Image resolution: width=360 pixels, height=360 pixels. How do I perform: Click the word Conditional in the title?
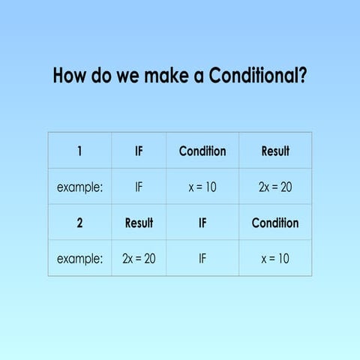coord(251,76)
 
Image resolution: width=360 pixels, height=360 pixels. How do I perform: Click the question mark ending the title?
coord(301,76)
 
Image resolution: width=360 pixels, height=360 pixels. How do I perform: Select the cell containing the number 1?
coord(79,151)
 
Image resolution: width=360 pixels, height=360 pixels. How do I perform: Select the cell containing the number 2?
coord(79,223)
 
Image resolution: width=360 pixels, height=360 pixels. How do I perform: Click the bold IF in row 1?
coord(139,151)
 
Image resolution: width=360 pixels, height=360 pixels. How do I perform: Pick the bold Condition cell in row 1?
coord(202,151)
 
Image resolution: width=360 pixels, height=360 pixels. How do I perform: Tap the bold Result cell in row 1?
coord(275,151)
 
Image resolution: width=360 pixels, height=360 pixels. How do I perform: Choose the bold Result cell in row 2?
coord(139,223)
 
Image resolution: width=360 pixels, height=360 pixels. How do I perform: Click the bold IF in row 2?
coord(202,223)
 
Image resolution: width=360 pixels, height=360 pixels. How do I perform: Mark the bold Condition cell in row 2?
coord(275,223)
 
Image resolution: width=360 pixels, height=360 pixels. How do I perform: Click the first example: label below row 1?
coord(79,187)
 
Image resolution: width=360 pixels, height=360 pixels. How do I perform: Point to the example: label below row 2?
coord(79,259)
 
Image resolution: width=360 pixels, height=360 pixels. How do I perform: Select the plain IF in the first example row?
coord(139,187)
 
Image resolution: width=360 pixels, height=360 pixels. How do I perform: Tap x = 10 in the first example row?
coord(202,187)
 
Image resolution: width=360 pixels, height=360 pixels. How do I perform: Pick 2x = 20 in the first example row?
coord(275,187)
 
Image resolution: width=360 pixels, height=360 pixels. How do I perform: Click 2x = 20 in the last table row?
coord(139,259)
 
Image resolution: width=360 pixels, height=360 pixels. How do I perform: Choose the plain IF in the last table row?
coord(202,259)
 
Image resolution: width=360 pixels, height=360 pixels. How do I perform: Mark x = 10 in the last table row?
coord(275,259)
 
